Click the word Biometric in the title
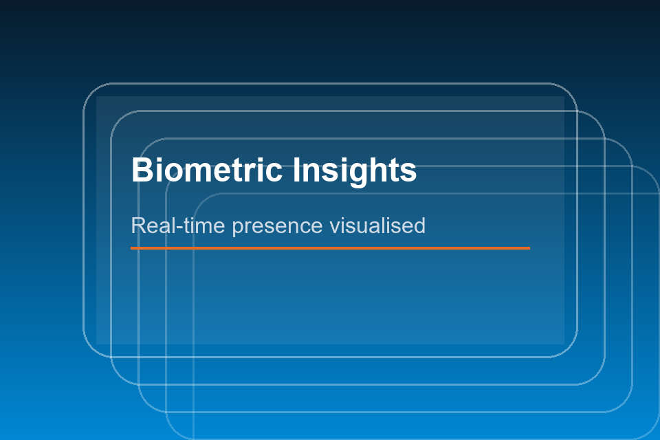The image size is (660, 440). [207, 170]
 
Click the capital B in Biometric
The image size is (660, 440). [141, 170]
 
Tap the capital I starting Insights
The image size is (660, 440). [296, 170]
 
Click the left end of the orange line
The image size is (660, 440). [132, 247]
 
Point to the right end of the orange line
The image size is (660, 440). [529, 247]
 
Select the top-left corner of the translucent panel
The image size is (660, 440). [97, 97]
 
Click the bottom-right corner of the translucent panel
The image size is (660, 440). [563, 343]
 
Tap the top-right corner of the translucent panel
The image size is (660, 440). [563, 97]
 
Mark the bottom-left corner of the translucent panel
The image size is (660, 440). [97, 343]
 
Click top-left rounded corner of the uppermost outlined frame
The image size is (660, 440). [91, 91]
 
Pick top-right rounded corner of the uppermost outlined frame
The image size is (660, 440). [569, 91]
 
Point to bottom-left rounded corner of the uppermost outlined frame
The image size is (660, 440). [91, 349]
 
